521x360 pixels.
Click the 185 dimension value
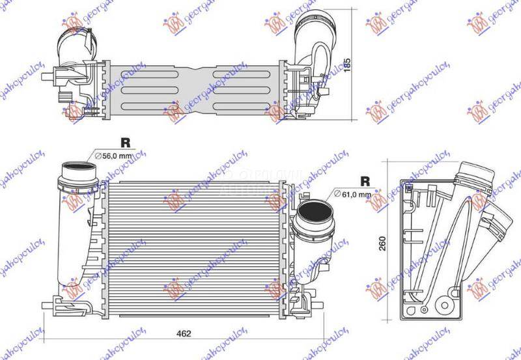[x=366, y=65]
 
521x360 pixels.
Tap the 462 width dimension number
[x=184, y=333]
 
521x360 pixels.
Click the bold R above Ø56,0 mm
[x=125, y=143]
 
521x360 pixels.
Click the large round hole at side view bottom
[x=445, y=303]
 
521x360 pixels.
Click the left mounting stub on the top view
[x=47, y=76]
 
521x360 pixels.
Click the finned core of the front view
[x=195, y=247]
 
